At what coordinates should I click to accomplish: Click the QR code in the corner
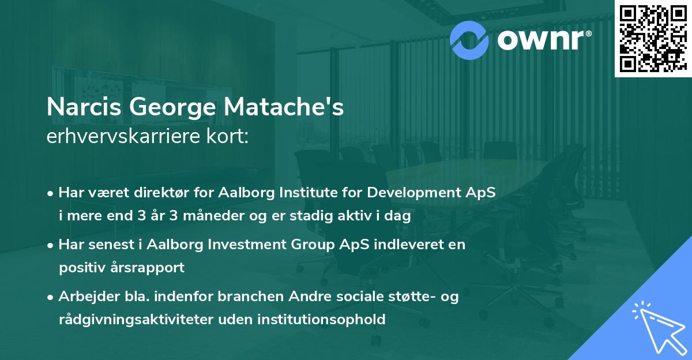(652, 38)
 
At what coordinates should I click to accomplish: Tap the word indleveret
(404, 244)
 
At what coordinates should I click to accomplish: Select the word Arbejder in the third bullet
(84, 296)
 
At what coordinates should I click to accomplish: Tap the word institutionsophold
(317, 320)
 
